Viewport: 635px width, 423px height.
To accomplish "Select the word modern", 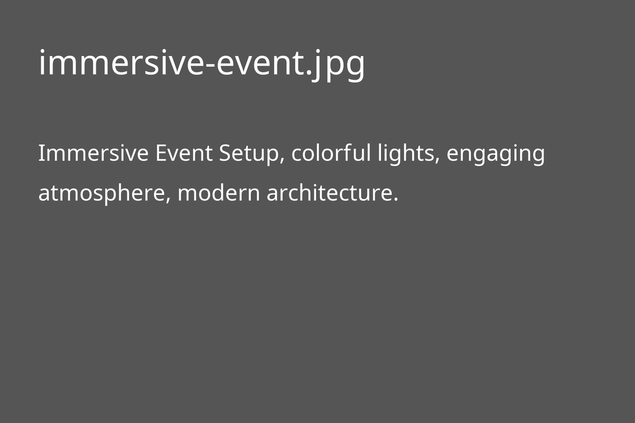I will point(219,194).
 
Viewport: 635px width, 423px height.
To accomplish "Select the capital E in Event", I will point(161,154).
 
